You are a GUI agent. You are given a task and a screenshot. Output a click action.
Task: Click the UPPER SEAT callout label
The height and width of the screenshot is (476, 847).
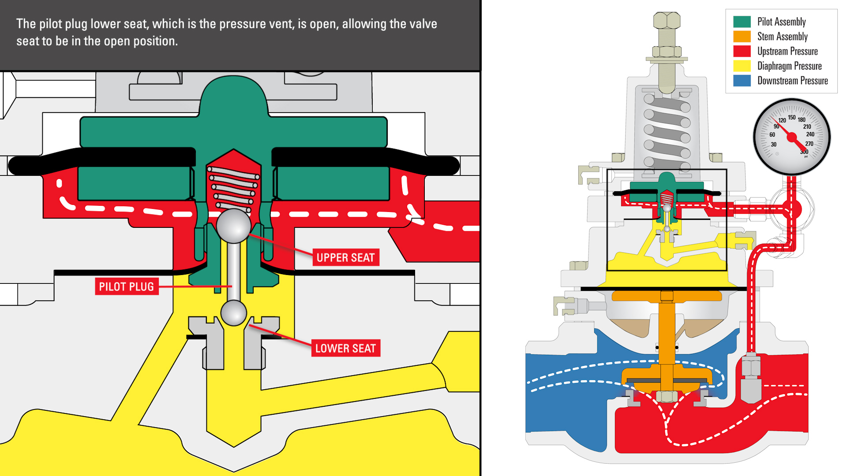(x=345, y=258)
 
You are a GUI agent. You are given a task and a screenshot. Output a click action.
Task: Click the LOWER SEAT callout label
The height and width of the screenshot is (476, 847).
(x=345, y=348)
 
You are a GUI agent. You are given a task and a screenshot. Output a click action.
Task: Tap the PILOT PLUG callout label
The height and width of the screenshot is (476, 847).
(x=127, y=286)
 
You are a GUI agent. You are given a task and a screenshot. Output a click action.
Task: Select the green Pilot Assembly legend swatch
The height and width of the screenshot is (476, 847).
(x=742, y=22)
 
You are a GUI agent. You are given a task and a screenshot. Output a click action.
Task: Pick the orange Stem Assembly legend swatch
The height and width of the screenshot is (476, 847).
(x=742, y=37)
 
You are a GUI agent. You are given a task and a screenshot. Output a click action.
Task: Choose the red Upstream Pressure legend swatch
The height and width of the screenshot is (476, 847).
(x=742, y=51)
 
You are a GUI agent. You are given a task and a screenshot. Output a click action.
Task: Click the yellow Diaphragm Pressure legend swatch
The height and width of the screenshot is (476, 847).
(x=742, y=66)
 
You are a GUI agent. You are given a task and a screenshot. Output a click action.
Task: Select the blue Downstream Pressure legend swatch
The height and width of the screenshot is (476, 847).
(x=742, y=81)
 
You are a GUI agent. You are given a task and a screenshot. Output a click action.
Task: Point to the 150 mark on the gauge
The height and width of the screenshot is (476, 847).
(x=792, y=117)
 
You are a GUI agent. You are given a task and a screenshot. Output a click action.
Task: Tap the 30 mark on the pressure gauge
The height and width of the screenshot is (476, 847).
(x=773, y=145)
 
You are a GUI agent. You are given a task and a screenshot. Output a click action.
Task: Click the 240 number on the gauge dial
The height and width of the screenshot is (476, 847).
(x=810, y=134)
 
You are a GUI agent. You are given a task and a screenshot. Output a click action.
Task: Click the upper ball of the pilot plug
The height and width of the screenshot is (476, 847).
(x=233, y=226)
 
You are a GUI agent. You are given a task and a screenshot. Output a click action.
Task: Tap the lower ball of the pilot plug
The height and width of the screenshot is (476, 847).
(x=233, y=312)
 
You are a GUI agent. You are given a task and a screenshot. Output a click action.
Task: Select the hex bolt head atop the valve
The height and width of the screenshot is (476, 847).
(x=667, y=21)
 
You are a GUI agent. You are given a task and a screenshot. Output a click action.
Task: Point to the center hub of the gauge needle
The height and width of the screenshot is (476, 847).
(x=792, y=137)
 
